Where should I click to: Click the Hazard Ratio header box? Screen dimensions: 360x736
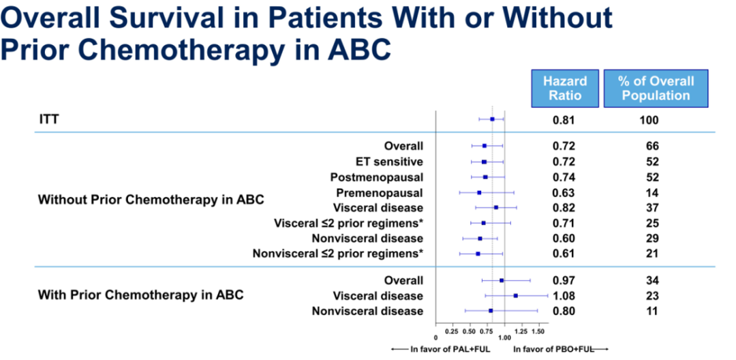(x=564, y=89)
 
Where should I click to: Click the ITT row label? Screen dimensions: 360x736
(x=48, y=120)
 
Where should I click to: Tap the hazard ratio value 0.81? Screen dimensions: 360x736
(x=564, y=121)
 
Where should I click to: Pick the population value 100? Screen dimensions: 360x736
(x=649, y=121)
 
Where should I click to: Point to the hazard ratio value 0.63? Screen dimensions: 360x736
(x=564, y=192)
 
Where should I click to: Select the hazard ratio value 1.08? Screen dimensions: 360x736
(x=564, y=296)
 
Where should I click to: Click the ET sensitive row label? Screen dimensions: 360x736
(x=389, y=162)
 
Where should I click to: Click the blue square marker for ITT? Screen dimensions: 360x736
(x=492, y=119)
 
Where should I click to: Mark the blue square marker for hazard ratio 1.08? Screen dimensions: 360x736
(x=516, y=295)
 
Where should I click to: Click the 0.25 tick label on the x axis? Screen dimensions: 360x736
(x=451, y=331)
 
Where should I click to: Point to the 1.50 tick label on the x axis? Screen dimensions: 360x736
(x=538, y=331)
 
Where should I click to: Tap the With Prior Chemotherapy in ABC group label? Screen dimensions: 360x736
(x=141, y=295)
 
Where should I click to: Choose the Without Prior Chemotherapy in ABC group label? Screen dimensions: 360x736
(x=151, y=200)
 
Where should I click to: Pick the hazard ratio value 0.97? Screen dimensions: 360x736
(x=564, y=280)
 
